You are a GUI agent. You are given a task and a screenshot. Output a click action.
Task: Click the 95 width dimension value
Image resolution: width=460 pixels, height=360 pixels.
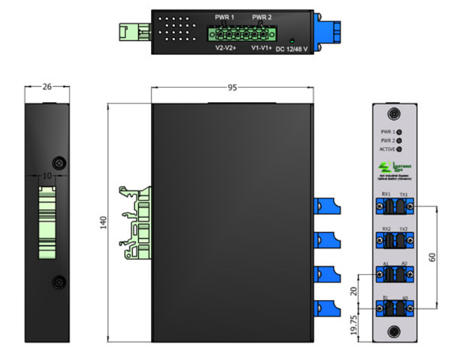[x=232, y=88]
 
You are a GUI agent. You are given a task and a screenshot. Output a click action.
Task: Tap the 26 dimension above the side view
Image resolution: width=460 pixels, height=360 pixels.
[x=47, y=87]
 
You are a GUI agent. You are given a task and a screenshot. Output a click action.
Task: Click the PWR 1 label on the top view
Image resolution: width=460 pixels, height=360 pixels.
[x=224, y=17]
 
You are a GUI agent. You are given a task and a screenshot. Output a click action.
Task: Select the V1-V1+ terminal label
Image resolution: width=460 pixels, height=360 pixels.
[x=261, y=48]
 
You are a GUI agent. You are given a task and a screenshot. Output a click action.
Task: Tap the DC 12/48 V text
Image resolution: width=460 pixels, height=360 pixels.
[x=295, y=48]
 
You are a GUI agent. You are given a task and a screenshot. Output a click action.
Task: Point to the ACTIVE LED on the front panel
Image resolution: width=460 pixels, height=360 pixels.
[x=399, y=149]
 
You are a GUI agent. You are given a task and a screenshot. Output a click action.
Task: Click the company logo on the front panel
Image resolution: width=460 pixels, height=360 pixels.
[x=386, y=166]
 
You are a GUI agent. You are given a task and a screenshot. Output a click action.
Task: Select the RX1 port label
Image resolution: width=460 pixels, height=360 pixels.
[x=386, y=194]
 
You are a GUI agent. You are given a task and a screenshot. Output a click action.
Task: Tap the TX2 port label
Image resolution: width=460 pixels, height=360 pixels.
[x=403, y=229]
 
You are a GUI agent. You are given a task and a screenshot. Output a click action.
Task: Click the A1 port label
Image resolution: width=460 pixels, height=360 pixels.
[x=386, y=263]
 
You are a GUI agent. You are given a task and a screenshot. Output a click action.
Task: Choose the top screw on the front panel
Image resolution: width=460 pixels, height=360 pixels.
[x=395, y=114]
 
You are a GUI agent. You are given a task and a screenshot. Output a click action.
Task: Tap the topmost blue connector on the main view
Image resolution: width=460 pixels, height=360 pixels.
[x=324, y=207]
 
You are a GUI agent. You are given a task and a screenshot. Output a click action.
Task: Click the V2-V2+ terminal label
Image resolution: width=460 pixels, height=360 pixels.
[x=226, y=48]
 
